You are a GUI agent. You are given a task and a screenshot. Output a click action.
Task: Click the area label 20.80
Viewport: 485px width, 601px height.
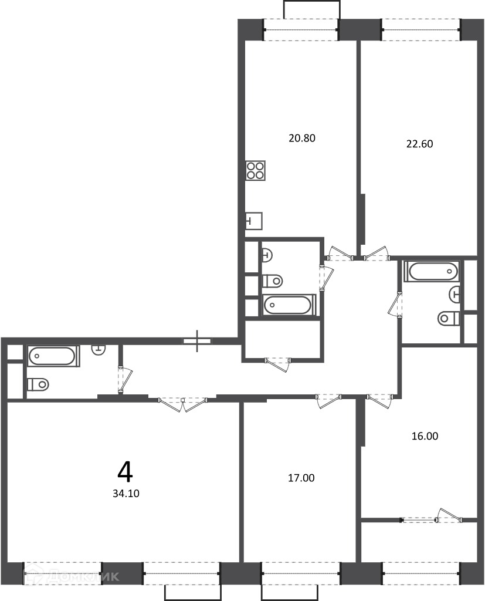(x=302, y=138)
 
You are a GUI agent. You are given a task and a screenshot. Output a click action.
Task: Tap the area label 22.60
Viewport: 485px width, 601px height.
(x=419, y=144)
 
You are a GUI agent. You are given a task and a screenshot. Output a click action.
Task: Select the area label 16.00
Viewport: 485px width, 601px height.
(x=425, y=436)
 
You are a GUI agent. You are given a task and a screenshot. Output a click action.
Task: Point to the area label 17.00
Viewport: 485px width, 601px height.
(x=301, y=478)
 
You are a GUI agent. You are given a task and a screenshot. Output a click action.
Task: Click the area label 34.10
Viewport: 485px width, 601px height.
(x=126, y=494)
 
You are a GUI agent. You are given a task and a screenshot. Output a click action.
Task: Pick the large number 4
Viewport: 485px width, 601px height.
(x=126, y=472)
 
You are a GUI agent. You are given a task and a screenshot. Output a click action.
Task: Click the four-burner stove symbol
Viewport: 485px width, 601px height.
(x=256, y=171)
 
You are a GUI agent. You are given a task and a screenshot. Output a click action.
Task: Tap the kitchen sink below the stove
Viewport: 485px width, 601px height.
(x=253, y=221)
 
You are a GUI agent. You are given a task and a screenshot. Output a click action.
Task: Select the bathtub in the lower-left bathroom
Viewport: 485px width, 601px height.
(x=53, y=356)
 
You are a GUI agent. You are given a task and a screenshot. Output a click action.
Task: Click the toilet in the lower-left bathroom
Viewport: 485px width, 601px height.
(x=38, y=383)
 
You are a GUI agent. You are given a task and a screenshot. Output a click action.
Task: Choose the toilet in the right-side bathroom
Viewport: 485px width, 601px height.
(x=449, y=318)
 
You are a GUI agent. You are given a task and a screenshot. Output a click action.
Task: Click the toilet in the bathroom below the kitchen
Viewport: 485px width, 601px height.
(x=273, y=281)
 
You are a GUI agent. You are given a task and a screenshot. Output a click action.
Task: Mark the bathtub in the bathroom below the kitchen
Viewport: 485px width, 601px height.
(x=289, y=305)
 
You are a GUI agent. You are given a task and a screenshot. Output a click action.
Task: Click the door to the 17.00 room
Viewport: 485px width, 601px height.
(x=328, y=400)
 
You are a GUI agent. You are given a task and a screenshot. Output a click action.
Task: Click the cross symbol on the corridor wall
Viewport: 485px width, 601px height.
(x=197, y=341)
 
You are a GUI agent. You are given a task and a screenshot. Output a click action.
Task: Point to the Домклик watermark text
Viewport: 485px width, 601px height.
(x=72, y=576)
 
